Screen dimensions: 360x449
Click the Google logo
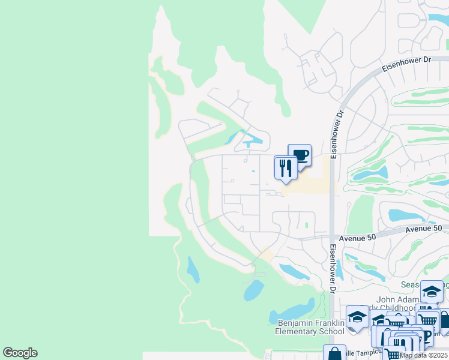[20, 353]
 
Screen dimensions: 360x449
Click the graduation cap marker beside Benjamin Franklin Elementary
[357, 316]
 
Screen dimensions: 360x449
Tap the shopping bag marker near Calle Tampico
[334, 354]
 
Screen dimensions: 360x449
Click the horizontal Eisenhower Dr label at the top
[411, 60]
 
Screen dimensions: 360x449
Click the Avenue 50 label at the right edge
[423, 229]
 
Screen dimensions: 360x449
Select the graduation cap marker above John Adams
[432, 292]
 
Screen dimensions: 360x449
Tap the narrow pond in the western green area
[192, 269]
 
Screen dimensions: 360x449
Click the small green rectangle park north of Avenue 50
[306, 226]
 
